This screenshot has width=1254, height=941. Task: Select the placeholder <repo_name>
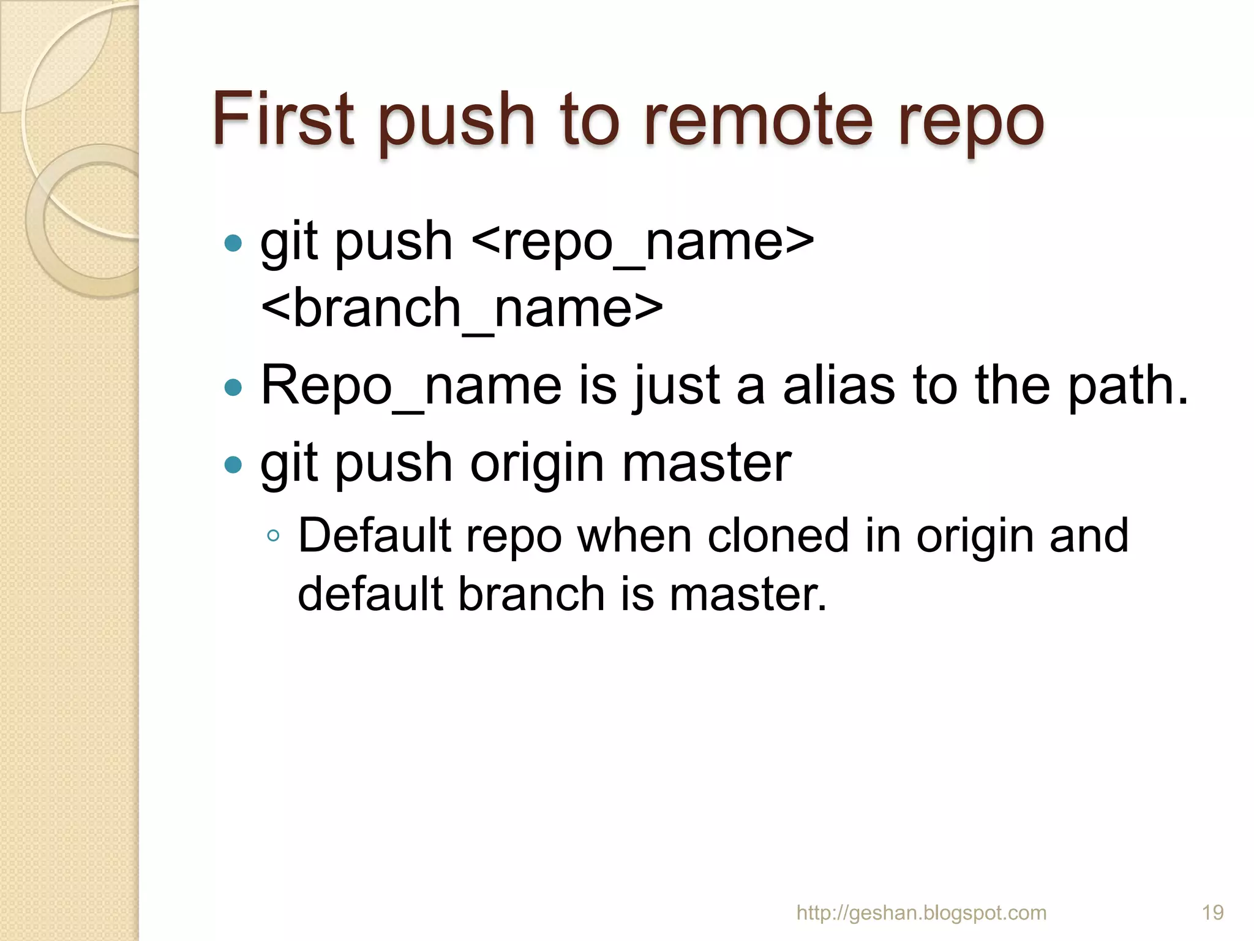643,241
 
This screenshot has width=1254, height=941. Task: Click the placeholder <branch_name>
462,308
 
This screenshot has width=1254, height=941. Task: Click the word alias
838,385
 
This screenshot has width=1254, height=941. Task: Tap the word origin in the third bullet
538,464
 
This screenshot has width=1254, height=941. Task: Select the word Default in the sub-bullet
375,535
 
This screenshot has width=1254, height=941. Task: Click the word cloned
778,535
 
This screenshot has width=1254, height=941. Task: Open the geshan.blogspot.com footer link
921,913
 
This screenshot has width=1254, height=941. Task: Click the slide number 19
1212,913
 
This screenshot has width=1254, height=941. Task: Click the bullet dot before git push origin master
233,464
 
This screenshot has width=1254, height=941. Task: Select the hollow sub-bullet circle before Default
273,537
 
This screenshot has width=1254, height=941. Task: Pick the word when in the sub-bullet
634,535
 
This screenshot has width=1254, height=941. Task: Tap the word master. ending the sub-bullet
748,594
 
